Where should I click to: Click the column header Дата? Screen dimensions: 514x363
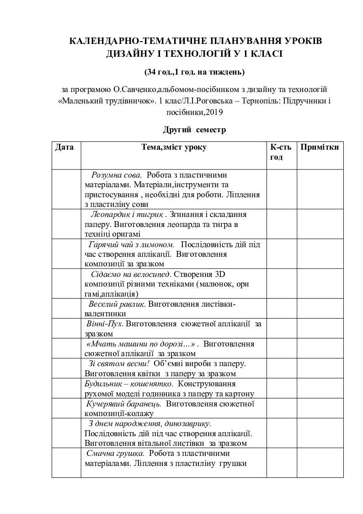[64, 147]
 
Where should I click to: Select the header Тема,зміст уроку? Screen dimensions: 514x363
[174, 147]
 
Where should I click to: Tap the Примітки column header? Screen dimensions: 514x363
[320, 147]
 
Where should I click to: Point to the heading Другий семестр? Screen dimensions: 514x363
[194, 130]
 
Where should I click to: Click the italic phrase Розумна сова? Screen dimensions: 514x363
[117, 175]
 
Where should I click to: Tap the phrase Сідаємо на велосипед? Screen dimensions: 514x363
[131, 274]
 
